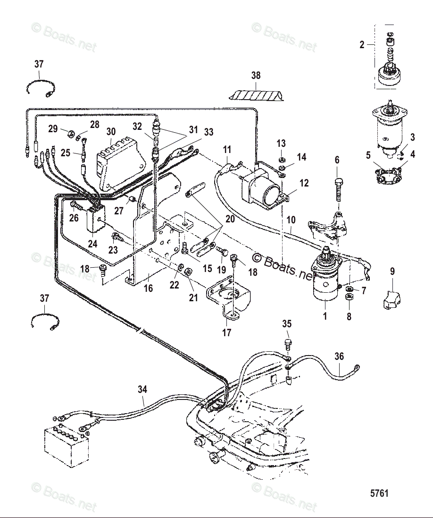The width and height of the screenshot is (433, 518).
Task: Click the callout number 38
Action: (x=256, y=76)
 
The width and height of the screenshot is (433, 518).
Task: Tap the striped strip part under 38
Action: (x=257, y=95)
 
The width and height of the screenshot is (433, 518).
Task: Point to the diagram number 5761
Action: (x=379, y=493)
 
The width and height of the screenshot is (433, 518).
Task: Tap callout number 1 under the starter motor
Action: (x=325, y=316)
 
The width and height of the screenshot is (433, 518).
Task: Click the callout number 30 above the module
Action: (x=111, y=132)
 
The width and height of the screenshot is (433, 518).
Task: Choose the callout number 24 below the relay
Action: (x=92, y=244)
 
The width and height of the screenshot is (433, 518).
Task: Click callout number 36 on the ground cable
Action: (x=339, y=357)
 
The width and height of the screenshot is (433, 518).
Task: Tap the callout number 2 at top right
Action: (x=362, y=45)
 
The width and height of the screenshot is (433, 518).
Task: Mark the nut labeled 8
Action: (x=350, y=297)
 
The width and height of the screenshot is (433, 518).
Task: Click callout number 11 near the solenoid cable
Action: (x=227, y=150)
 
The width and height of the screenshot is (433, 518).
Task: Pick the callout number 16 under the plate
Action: (x=148, y=288)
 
